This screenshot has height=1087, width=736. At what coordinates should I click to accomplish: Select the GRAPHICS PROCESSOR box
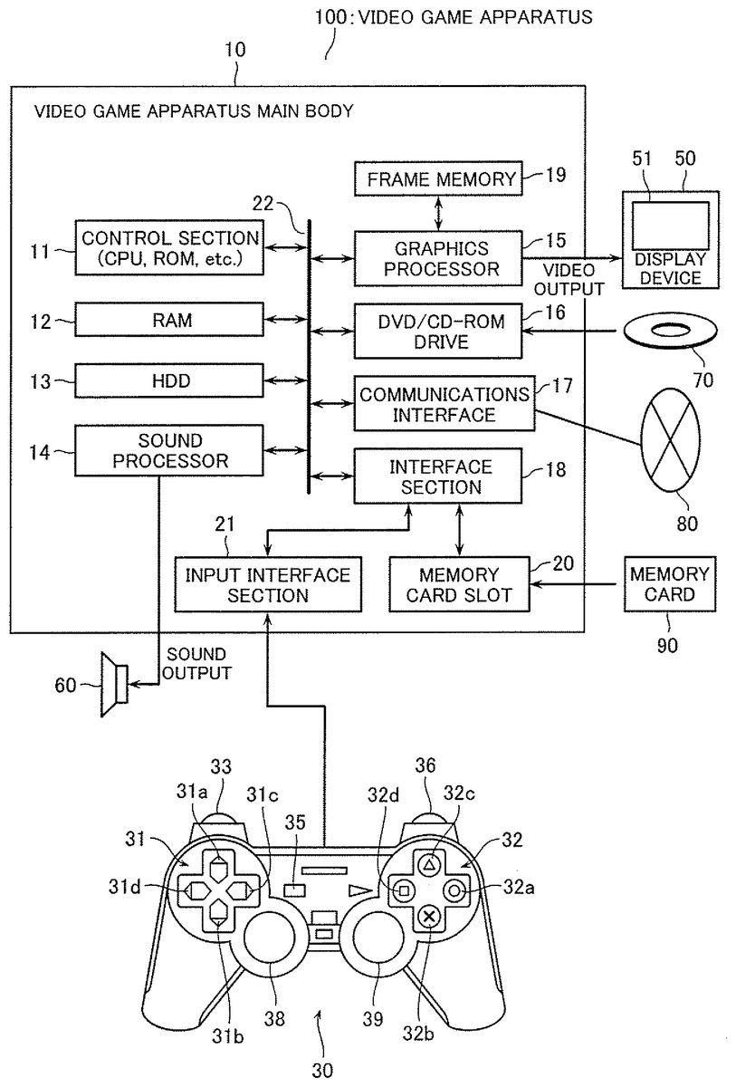coord(437,258)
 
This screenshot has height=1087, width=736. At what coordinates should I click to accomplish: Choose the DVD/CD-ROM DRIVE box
coord(437,331)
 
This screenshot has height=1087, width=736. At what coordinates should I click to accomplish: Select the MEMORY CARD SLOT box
coord(459,584)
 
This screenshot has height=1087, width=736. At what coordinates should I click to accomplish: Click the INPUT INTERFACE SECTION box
coord(267,584)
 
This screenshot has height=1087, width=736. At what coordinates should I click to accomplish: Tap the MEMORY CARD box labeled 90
coord(670,584)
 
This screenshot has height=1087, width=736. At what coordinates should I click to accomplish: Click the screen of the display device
coord(669,224)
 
